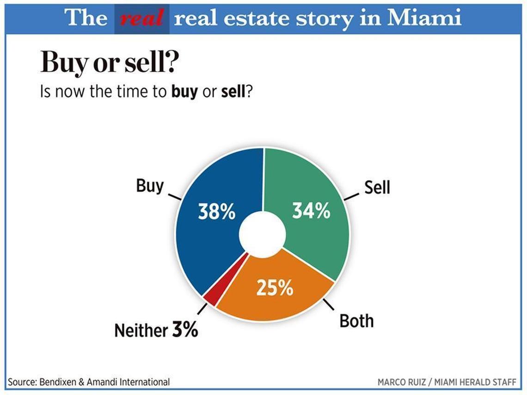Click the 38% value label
[x=217, y=212]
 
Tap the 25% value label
[x=275, y=288]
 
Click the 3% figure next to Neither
[x=185, y=330]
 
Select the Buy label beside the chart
[x=150, y=186]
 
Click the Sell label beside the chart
[x=377, y=187]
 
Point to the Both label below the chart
[x=356, y=321]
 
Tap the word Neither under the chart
[x=141, y=330]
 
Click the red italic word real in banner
[x=141, y=18]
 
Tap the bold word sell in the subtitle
[x=233, y=91]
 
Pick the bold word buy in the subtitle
[x=184, y=91]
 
